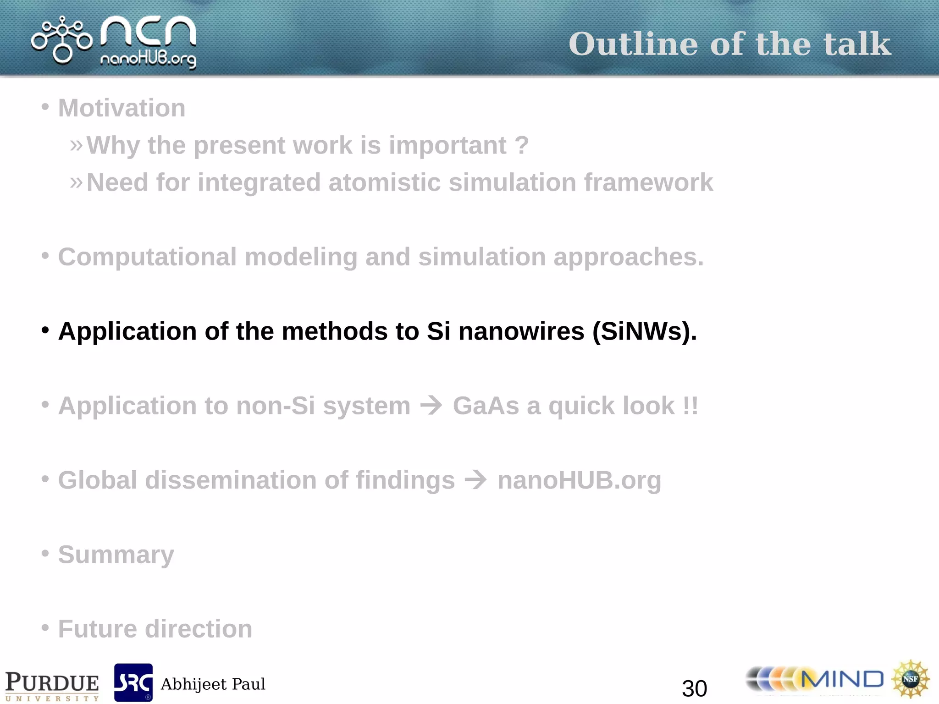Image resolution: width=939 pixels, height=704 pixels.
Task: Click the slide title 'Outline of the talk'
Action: coord(729,44)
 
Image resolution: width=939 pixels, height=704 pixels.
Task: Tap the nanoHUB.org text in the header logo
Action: coord(148,60)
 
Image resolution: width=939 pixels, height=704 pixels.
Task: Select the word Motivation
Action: coord(122,108)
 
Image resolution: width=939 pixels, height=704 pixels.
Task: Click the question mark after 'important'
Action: coord(521,145)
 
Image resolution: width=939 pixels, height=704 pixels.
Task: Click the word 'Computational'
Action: coord(147,257)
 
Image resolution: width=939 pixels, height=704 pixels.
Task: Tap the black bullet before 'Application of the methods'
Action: coord(45,330)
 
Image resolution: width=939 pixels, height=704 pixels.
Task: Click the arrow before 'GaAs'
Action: coord(431,405)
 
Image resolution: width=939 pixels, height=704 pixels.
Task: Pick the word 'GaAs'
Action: coord(486,406)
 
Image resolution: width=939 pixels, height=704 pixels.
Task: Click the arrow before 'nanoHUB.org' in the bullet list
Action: coord(476,480)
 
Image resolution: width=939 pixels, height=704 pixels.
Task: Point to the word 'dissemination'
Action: coord(231,480)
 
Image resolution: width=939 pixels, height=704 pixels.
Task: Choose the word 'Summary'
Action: coord(116,555)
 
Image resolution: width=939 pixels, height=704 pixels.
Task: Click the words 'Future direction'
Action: coord(155,629)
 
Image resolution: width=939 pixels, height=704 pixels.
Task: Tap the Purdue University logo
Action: coord(52,685)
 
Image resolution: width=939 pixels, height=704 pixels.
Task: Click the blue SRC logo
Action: coord(133,682)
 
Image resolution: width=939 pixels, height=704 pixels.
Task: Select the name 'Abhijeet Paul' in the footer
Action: coord(213,684)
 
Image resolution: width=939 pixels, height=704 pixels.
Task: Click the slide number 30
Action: coord(694,688)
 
